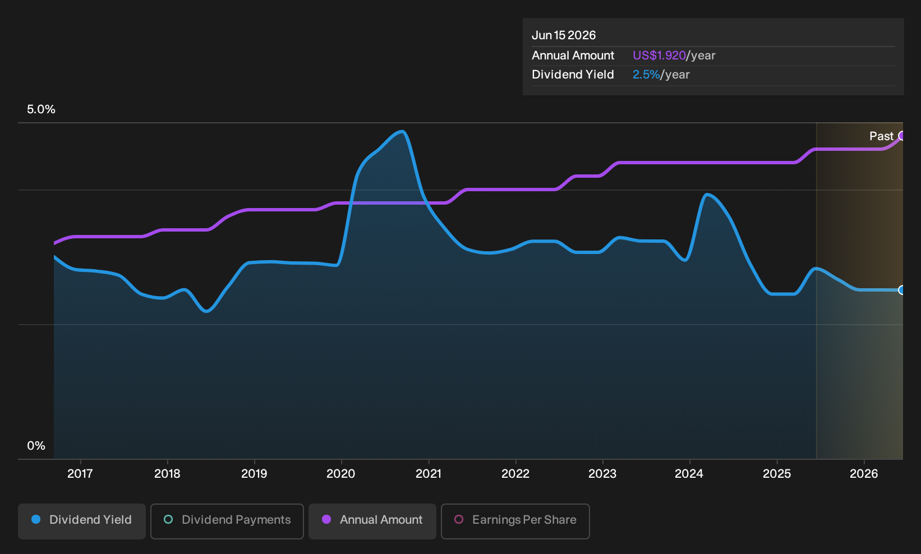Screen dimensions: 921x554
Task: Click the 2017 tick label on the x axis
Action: coord(80,473)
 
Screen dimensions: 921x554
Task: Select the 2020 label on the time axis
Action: coord(341,473)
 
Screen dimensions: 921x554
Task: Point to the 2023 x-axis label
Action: coord(602,473)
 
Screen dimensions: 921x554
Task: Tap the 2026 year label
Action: coord(864,473)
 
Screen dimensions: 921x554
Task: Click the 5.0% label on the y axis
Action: coord(41,109)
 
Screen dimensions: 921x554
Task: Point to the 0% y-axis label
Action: coord(36,446)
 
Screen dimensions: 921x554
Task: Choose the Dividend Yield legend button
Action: coord(82,521)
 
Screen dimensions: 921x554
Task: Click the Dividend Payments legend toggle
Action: coord(227,521)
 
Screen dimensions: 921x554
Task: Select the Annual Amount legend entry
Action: coord(372,521)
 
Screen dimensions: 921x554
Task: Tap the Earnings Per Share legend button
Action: coord(515,521)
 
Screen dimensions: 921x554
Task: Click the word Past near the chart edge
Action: coord(882,136)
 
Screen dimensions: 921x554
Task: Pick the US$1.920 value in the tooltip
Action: coord(659,56)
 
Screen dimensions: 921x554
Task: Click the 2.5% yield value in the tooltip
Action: coord(646,75)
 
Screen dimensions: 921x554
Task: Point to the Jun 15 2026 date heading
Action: coord(564,35)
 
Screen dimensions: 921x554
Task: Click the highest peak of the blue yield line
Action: coord(402,132)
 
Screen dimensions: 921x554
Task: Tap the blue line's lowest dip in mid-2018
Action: coord(206,311)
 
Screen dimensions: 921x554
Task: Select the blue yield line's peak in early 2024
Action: coord(707,195)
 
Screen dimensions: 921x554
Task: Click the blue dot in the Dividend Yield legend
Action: coord(36,519)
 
